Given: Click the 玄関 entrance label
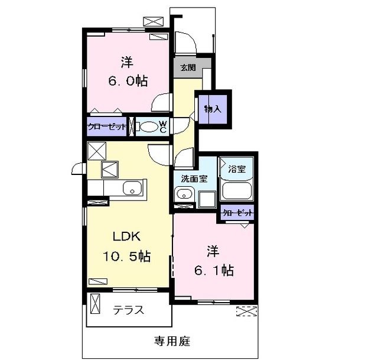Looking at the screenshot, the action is pyautogui.click(x=188, y=68).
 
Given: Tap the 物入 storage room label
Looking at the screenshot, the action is pyautogui.click(x=213, y=109).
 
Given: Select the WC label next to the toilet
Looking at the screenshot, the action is pyautogui.click(x=163, y=127).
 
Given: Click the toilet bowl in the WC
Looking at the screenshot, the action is pyautogui.click(x=149, y=127).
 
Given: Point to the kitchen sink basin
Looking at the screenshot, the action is pyautogui.click(x=132, y=188).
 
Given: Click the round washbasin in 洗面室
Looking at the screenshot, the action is pyautogui.click(x=184, y=193).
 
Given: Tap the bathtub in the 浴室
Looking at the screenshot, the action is pyautogui.click(x=237, y=191).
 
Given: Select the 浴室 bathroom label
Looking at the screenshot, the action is pyautogui.click(x=237, y=169).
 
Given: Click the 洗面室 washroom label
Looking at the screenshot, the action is pyautogui.click(x=194, y=179).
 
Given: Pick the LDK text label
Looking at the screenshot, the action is pyautogui.click(x=127, y=236).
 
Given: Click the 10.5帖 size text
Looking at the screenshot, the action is pyautogui.click(x=127, y=256).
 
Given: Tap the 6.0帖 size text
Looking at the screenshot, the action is pyautogui.click(x=128, y=81).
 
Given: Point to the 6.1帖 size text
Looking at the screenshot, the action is pyautogui.click(x=214, y=271).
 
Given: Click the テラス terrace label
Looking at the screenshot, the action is pyautogui.click(x=129, y=310).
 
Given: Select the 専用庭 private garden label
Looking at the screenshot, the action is pyautogui.click(x=172, y=341).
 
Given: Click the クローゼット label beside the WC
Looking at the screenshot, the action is pyautogui.click(x=107, y=127).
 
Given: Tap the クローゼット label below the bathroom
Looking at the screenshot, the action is pyautogui.click(x=237, y=213).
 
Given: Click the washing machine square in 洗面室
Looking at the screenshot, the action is pyautogui.click(x=207, y=199).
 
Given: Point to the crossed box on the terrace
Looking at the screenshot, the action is pyautogui.click(x=95, y=303).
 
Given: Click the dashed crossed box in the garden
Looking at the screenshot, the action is pyautogui.click(x=246, y=312).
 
